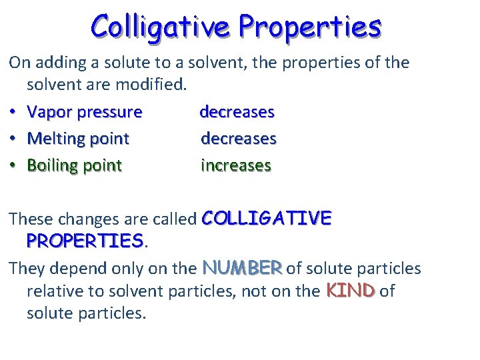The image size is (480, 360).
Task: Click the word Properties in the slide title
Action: click(x=310, y=27)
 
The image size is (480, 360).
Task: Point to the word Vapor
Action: click(x=50, y=112)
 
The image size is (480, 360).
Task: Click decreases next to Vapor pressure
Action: click(x=237, y=111)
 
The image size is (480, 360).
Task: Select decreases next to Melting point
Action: click(x=238, y=138)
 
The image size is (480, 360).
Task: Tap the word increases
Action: click(x=236, y=165)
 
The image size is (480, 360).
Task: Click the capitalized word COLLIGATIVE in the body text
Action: click(x=266, y=218)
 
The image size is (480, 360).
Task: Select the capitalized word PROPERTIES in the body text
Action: click(x=85, y=240)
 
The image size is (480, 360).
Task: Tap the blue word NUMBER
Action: click(x=243, y=268)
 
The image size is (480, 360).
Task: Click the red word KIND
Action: click(x=351, y=291)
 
